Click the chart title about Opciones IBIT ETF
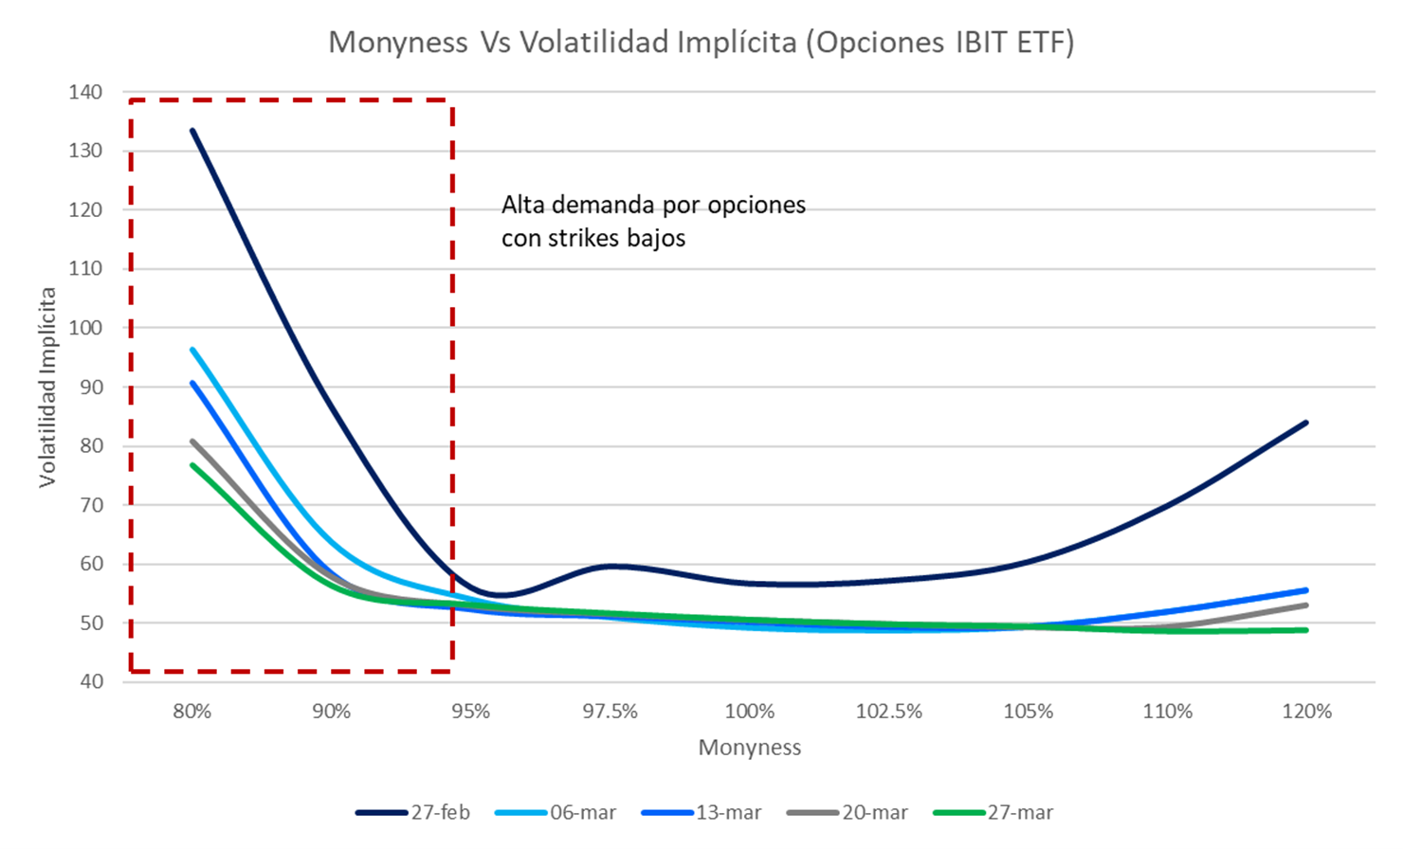(x=701, y=43)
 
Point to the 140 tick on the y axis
(x=85, y=92)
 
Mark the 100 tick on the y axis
(x=85, y=328)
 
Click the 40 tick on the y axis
(x=91, y=681)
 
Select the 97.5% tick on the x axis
(x=610, y=712)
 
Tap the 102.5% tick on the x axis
(x=888, y=712)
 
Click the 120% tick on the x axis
(x=1307, y=712)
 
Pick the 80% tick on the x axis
(x=192, y=712)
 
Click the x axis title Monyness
(x=749, y=748)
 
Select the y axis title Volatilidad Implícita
(x=47, y=387)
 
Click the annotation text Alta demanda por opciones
(x=653, y=206)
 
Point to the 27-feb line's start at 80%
(x=192, y=131)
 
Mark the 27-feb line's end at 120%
(x=1306, y=423)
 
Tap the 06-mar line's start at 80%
(x=192, y=350)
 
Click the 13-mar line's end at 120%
(x=1306, y=590)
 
